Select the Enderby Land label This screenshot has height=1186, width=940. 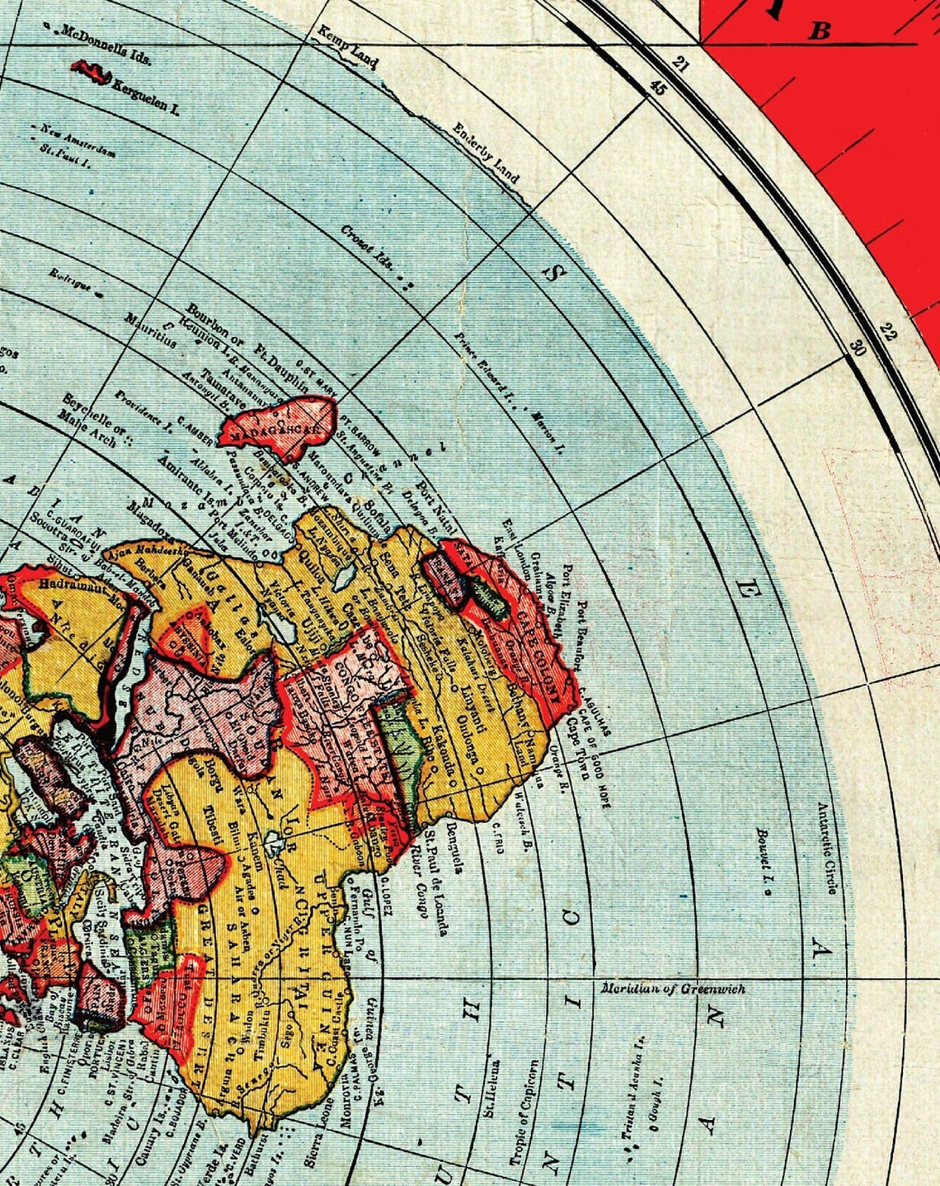tap(486, 152)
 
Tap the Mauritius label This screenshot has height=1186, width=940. tap(150, 330)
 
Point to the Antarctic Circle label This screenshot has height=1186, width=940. tap(828, 849)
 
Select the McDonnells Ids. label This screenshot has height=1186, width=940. tap(106, 45)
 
